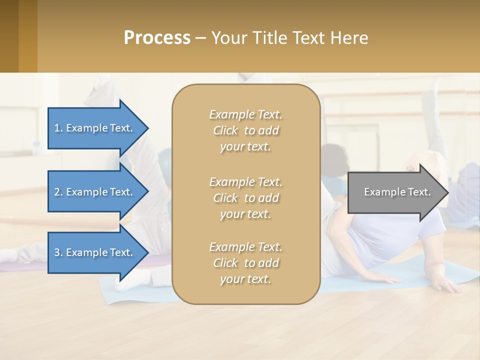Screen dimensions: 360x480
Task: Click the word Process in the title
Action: pos(157,38)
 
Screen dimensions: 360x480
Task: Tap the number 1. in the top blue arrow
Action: pos(58,128)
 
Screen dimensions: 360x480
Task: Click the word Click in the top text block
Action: pos(225,131)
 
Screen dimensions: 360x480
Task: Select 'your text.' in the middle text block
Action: pos(245,214)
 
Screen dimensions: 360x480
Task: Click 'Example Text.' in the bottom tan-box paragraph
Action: pos(245,247)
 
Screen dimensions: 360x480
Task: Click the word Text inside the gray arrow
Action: pos(419,192)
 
